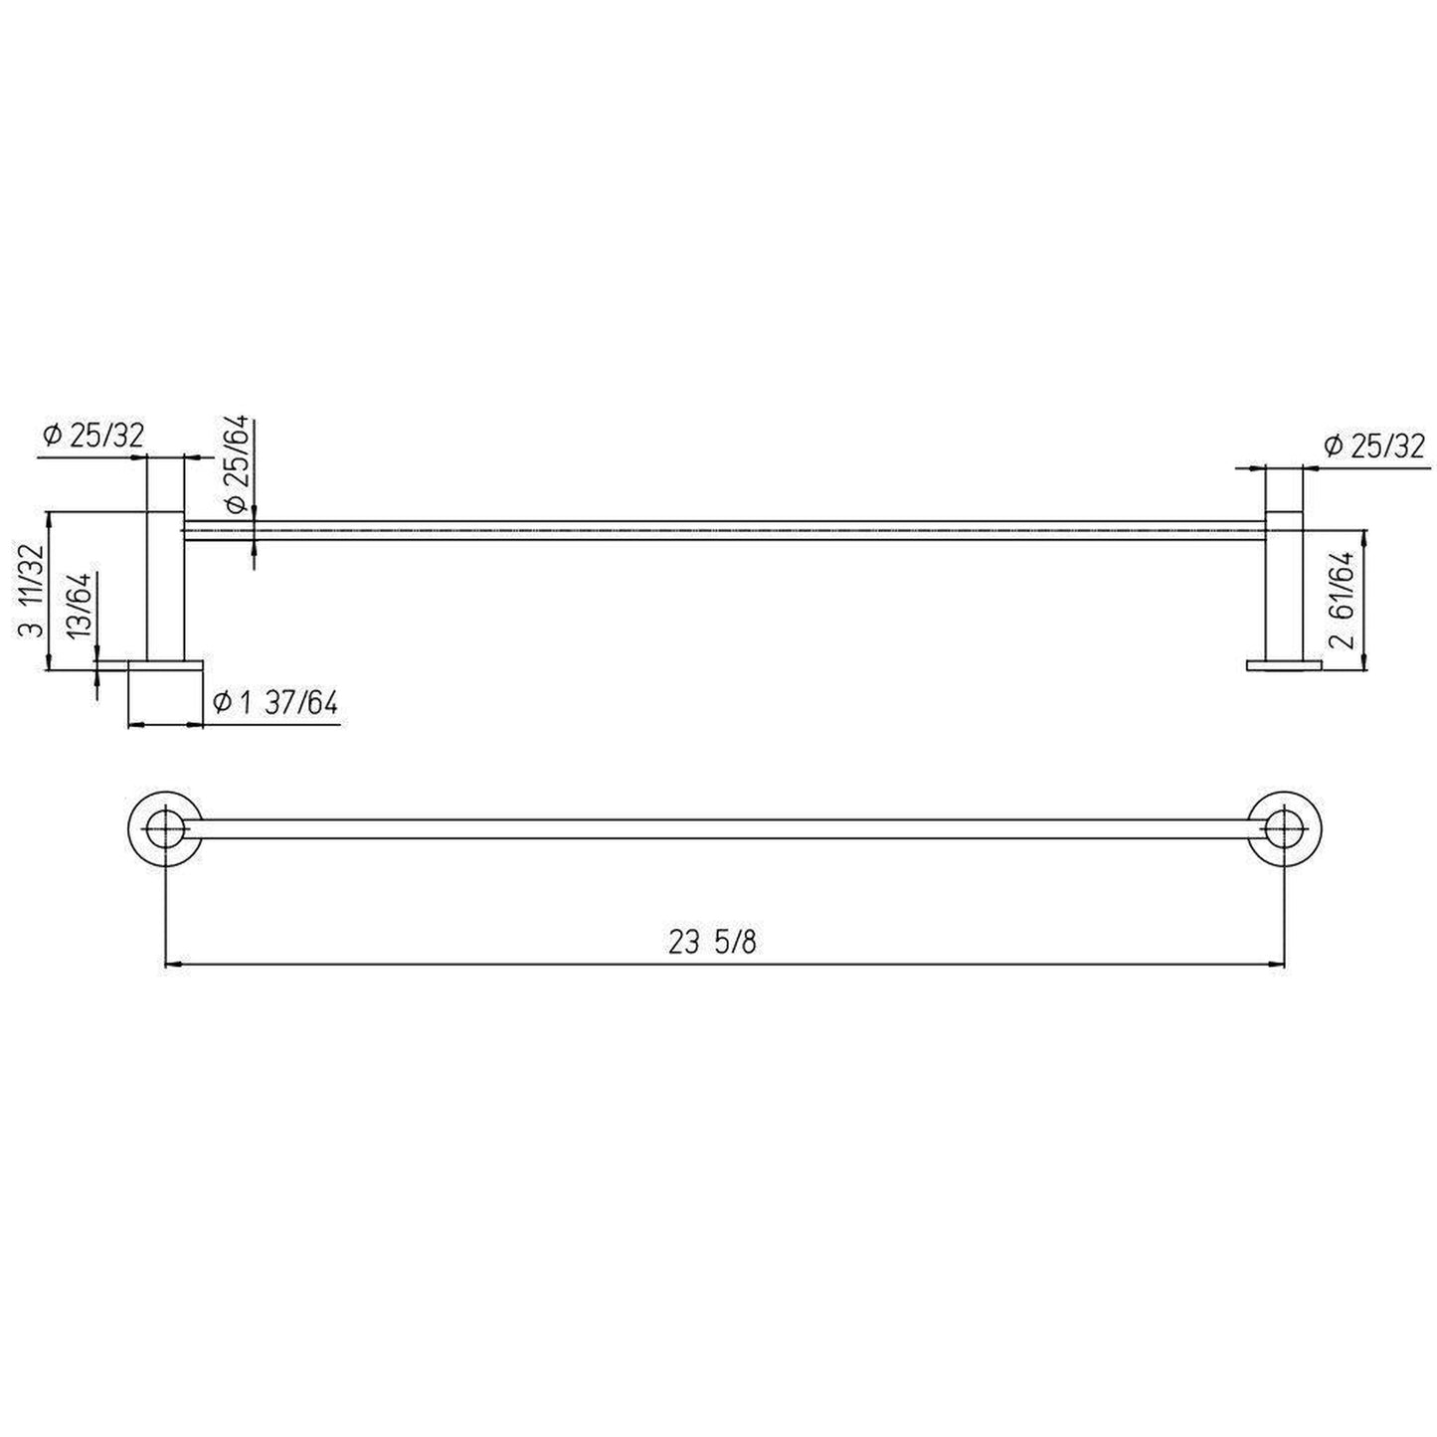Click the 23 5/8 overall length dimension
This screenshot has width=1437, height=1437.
click(x=712, y=943)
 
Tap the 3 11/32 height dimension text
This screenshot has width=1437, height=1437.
click(x=31, y=591)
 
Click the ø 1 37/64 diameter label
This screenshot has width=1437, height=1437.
click(x=275, y=704)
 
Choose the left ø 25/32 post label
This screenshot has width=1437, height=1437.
click(x=93, y=435)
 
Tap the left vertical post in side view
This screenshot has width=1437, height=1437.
click(x=165, y=587)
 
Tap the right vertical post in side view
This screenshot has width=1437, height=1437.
click(x=1284, y=587)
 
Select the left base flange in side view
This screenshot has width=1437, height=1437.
click(x=165, y=664)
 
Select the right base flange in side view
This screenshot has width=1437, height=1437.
click(x=1284, y=664)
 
